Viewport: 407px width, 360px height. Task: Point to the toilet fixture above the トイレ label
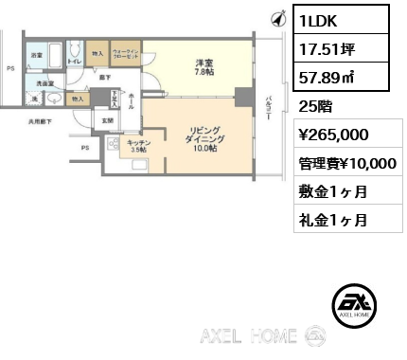pos(75,51)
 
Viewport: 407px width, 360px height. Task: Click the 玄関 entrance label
pos(107,120)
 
